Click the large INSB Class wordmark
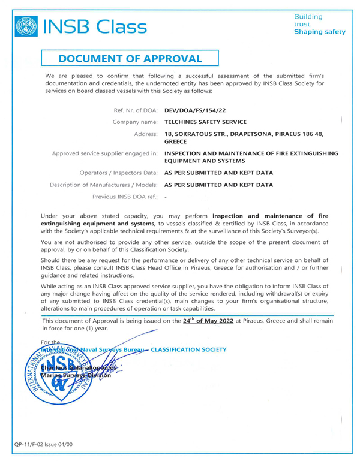pyautogui.click(x=95, y=26)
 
